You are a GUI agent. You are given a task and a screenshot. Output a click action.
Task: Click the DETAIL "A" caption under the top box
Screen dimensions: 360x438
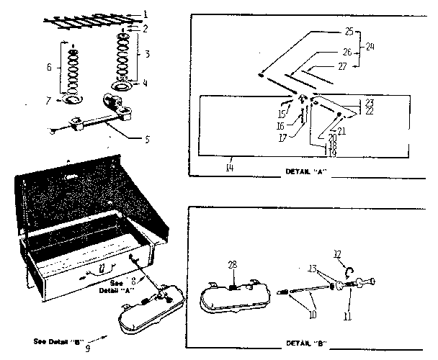(x=303, y=174)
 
